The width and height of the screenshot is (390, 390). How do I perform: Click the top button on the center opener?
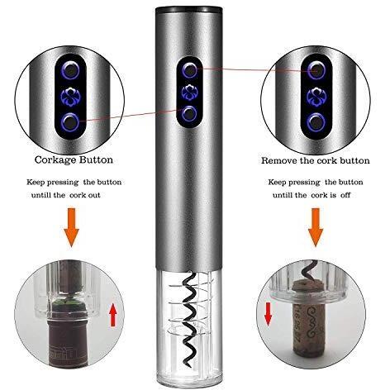[189, 70]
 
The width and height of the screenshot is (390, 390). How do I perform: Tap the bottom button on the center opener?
[189, 113]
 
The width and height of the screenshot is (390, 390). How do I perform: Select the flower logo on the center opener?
[189, 92]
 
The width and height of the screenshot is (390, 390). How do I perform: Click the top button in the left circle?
[70, 69]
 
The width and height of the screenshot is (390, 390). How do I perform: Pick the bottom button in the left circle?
[70, 121]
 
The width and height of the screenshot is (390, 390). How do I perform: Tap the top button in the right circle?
[316, 70]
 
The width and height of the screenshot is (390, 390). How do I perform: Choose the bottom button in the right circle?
[316, 122]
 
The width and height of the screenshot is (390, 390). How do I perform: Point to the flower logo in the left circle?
[70, 97]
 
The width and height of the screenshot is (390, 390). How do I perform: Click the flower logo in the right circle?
[316, 97]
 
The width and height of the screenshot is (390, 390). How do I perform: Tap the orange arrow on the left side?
[71, 227]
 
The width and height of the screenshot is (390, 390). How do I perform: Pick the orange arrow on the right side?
[316, 227]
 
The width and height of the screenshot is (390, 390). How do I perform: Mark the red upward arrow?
[113, 314]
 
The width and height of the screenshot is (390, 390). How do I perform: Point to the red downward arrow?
[268, 314]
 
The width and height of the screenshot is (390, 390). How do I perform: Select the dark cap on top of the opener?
[189, 10]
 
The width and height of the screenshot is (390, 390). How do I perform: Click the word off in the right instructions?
[345, 195]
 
